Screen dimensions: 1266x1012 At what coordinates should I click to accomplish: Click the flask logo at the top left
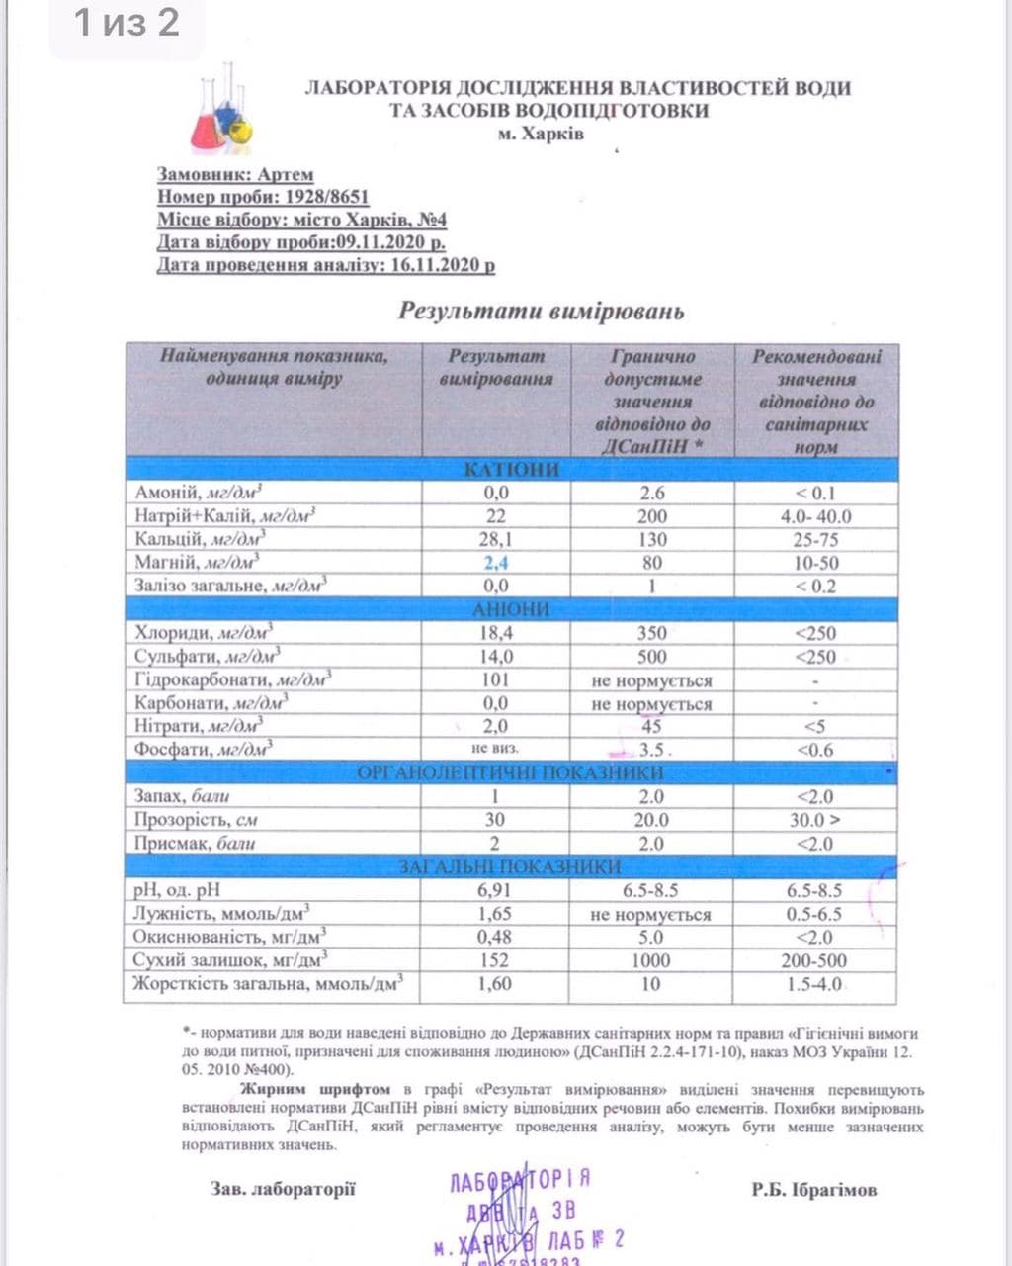pyautogui.click(x=221, y=110)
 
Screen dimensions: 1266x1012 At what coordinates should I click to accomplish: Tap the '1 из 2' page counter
pyautogui.click(x=127, y=22)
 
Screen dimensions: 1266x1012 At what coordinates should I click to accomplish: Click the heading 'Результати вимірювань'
pyautogui.click(x=541, y=311)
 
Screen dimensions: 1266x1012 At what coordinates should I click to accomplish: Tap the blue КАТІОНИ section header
pyautogui.click(x=511, y=469)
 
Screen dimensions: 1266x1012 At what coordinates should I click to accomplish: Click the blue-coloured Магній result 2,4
pyautogui.click(x=496, y=563)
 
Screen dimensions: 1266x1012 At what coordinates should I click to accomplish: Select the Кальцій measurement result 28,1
pyautogui.click(x=496, y=539)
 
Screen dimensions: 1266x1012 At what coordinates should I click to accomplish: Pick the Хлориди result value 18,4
pyautogui.click(x=496, y=633)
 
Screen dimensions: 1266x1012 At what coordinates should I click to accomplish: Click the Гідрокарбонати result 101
pyautogui.click(x=496, y=679)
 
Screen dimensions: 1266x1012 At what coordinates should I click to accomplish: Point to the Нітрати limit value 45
pyautogui.click(x=651, y=727)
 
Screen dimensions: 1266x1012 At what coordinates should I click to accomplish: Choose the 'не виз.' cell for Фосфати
pyautogui.click(x=496, y=749)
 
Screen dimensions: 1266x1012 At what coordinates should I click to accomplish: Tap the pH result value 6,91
pyautogui.click(x=494, y=890)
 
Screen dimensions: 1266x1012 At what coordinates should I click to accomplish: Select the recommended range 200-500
pyautogui.click(x=814, y=960)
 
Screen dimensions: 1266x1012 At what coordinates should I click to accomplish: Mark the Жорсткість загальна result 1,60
pyautogui.click(x=494, y=984)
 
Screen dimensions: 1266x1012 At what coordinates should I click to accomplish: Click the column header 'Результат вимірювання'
pyautogui.click(x=496, y=367)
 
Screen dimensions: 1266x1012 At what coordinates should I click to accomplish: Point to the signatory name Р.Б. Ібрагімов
pyautogui.click(x=813, y=1190)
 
